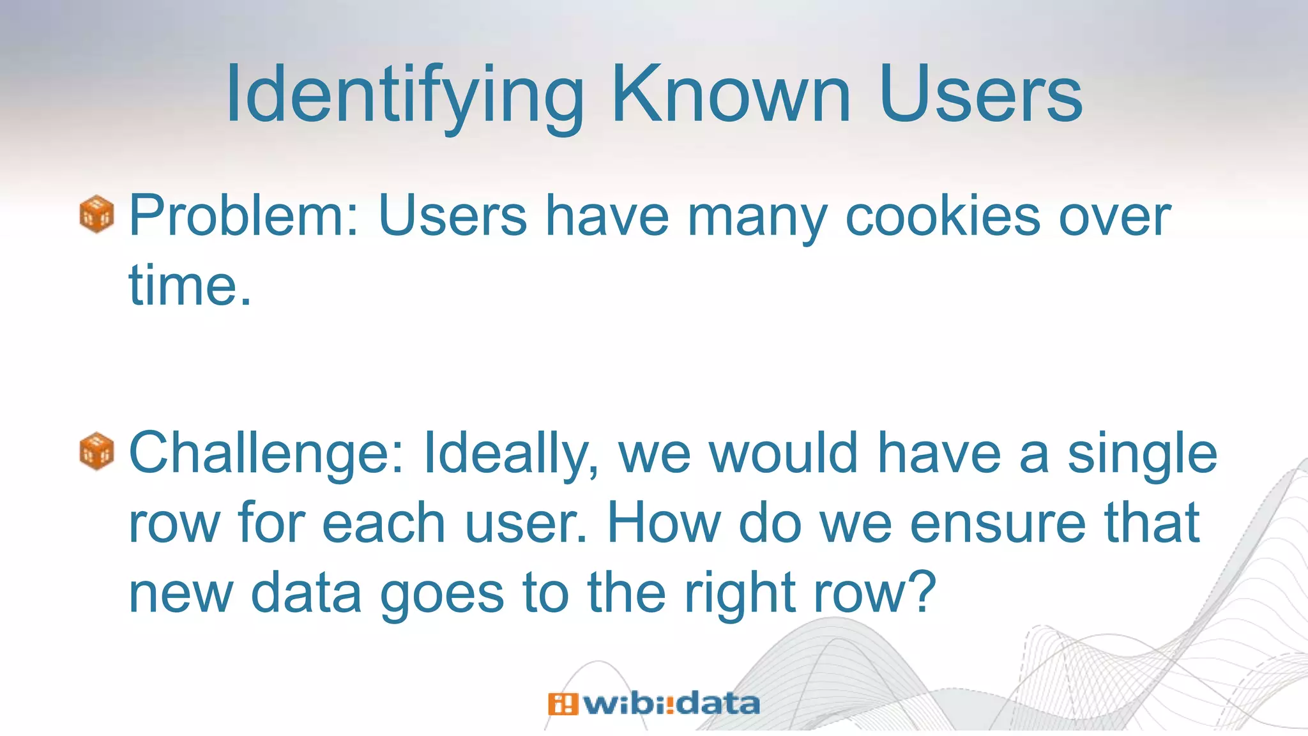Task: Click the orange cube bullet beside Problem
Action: click(x=96, y=214)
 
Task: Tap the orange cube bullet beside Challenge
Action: click(x=96, y=451)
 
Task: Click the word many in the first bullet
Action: click(x=756, y=217)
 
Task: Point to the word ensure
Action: click(x=996, y=524)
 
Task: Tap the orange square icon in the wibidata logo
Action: click(x=563, y=704)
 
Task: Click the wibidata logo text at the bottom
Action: click(x=671, y=704)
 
